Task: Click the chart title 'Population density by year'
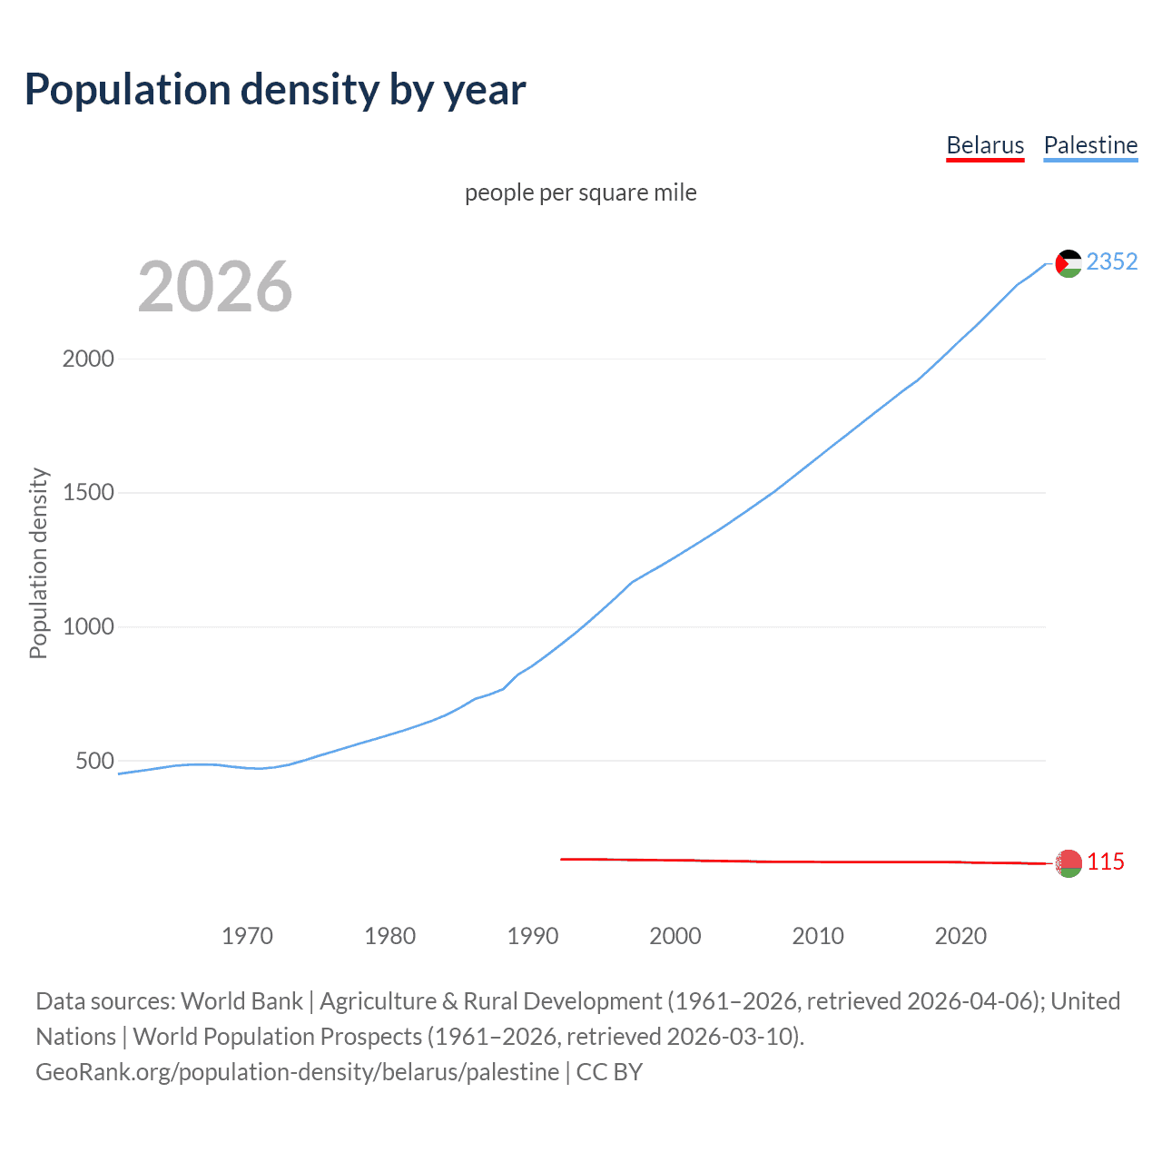tap(275, 90)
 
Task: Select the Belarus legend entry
tap(985, 145)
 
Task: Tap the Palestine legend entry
tap(1090, 145)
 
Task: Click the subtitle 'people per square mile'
tap(581, 193)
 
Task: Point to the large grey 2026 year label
tap(215, 287)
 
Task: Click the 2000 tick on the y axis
tap(88, 359)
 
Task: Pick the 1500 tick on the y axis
tap(88, 493)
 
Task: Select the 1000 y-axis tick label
tap(88, 627)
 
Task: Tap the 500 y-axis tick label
tap(94, 761)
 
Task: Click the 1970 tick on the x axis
tap(247, 936)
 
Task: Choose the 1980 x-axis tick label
tap(389, 936)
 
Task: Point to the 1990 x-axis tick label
tap(533, 936)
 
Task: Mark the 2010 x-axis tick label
tap(818, 936)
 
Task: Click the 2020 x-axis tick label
tap(960, 936)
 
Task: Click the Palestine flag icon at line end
tap(1068, 263)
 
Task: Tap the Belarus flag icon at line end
tap(1068, 863)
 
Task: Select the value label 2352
tap(1111, 262)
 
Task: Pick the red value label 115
tap(1106, 862)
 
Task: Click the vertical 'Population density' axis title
tap(38, 563)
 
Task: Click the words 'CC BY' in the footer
tap(609, 1072)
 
